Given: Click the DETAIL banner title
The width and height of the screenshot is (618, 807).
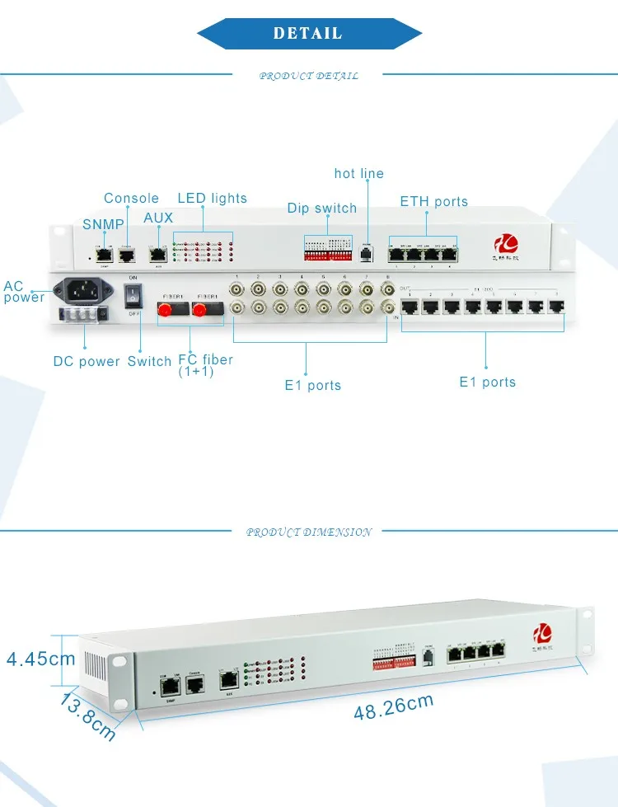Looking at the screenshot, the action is (x=307, y=34).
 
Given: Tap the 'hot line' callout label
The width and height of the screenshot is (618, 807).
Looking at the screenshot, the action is (x=358, y=174).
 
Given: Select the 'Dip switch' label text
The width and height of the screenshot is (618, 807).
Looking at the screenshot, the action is (x=322, y=209).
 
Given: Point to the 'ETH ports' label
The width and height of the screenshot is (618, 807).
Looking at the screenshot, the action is (x=433, y=202).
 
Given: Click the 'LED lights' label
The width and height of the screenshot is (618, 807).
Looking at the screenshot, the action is (x=212, y=198).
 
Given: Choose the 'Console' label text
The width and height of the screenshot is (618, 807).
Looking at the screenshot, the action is (x=131, y=199).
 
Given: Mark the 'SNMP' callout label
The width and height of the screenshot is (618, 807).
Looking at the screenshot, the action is (x=103, y=225).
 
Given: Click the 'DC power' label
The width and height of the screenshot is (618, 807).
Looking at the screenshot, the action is (x=87, y=361).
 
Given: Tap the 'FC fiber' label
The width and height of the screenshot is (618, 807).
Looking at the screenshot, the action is (x=205, y=360).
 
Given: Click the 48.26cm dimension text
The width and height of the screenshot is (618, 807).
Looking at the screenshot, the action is (x=393, y=706).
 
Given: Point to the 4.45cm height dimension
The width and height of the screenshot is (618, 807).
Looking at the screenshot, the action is (x=41, y=659).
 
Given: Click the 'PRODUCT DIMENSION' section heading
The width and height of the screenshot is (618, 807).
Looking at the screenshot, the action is (x=309, y=533).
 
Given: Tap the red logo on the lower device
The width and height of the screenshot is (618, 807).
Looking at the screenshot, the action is (x=541, y=633).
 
